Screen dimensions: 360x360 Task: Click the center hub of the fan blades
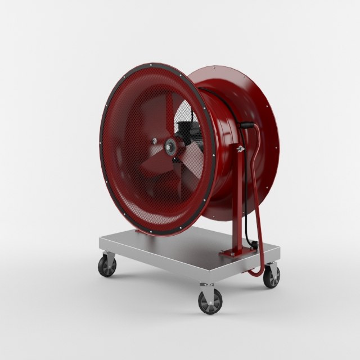(x=169, y=146)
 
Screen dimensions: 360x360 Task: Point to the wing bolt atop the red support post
(x=240, y=148)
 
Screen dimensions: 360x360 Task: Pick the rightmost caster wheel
(x=272, y=277)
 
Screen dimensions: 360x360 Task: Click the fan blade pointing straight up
(x=169, y=112)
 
